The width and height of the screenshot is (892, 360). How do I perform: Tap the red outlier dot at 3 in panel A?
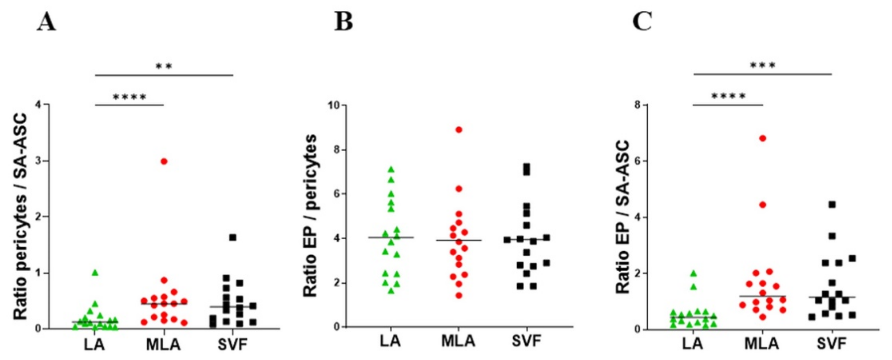point(164,161)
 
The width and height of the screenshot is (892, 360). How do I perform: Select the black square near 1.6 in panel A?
point(233,238)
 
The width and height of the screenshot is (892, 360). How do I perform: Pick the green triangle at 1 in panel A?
point(95,273)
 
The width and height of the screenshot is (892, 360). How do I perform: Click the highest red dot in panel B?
point(459,130)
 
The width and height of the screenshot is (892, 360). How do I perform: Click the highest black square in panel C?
point(832,205)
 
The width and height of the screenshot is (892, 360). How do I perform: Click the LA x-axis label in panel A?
point(95,345)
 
